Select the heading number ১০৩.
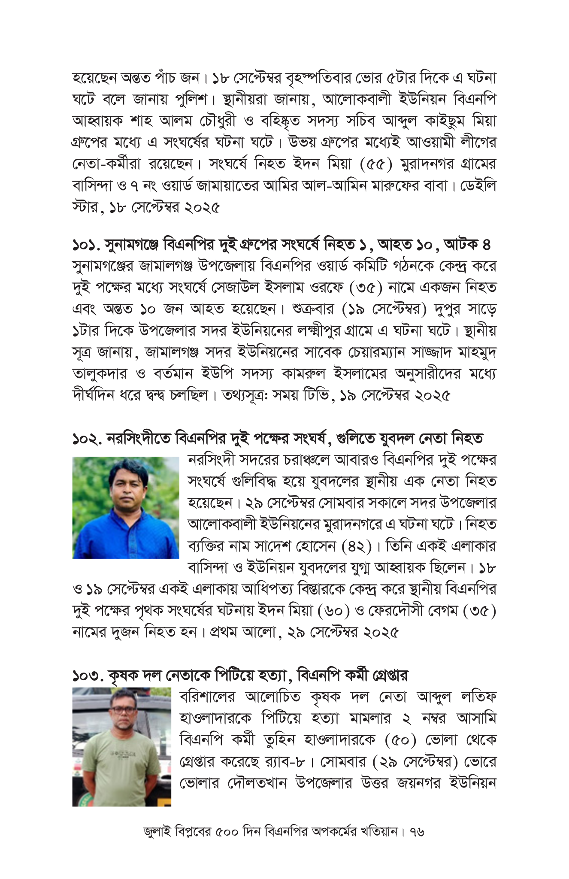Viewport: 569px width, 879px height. pyautogui.click(x=88, y=675)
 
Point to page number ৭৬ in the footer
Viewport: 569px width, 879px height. pyautogui.click(x=417, y=831)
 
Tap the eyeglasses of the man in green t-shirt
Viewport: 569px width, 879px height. pyautogui.click(x=122, y=709)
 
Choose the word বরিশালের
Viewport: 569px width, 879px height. pyautogui.click(x=208, y=696)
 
